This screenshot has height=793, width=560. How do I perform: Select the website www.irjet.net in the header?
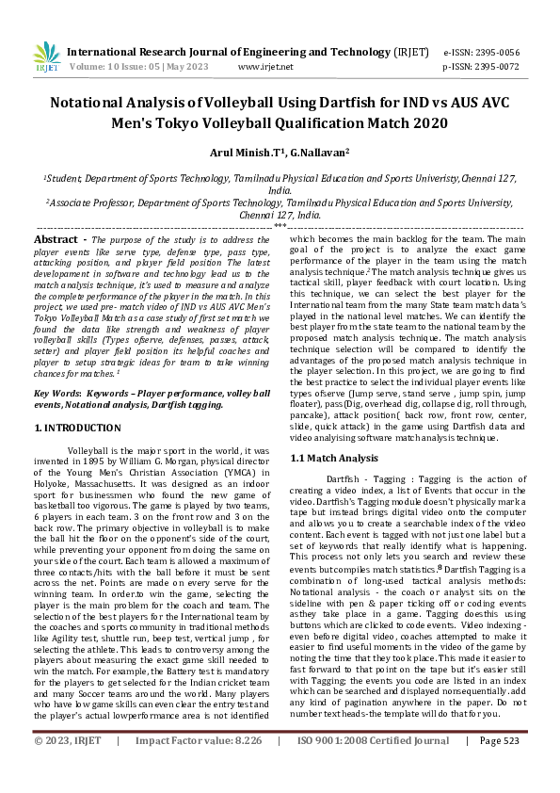[x=265, y=67]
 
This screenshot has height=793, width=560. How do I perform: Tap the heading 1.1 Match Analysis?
[x=321, y=457]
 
